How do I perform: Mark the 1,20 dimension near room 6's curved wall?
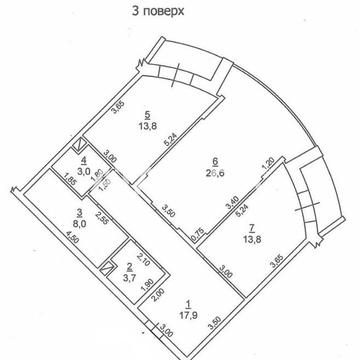266,160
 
